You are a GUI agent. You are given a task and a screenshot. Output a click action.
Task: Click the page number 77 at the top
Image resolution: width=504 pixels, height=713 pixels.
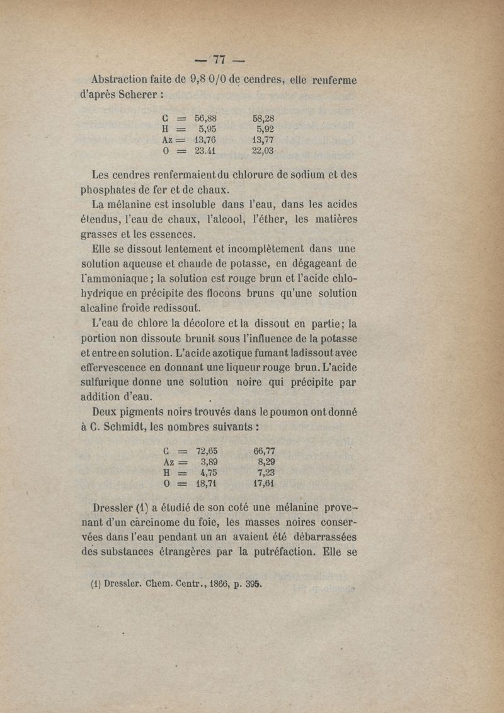tap(219, 60)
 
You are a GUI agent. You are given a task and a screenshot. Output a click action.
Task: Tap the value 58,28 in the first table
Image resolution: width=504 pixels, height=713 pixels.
tap(263, 118)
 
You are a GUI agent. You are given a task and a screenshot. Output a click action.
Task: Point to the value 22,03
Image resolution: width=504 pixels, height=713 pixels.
tap(263, 151)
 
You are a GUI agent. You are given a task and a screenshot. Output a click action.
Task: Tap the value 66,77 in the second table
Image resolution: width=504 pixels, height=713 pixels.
tap(264, 451)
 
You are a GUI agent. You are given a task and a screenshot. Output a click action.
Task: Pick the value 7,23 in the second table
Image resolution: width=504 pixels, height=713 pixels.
tap(266, 472)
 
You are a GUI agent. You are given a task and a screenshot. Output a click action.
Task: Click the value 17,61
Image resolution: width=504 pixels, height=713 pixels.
tap(264, 484)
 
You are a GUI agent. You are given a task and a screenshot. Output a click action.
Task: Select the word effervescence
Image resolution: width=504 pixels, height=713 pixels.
tap(133, 366)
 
